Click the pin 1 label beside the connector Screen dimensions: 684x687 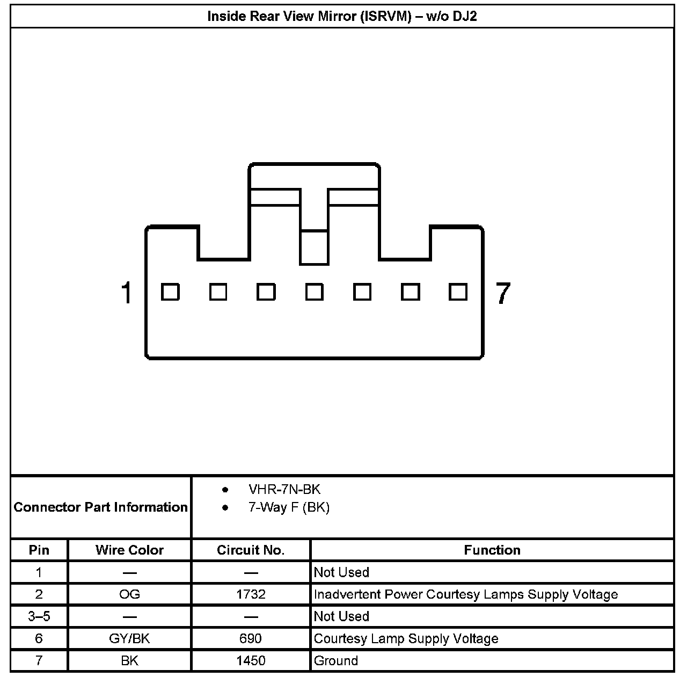click(x=126, y=293)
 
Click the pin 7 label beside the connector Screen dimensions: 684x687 click(x=502, y=293)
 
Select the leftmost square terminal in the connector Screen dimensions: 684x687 click(x=170, y=292)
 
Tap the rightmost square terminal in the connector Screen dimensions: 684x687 click(x=458, y=292)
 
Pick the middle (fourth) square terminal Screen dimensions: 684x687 click(x=314, y=292)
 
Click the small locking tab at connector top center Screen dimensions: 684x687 click(x=314, y=248)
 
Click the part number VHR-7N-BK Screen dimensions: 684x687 click(x=284, y=489)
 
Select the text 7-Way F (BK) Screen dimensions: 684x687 click(x=289, y=507)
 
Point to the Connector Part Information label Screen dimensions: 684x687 click(x=101, y=507)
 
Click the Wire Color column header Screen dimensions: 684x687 click(x=129, y=550)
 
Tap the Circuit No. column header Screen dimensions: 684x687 click(x=251, y=550)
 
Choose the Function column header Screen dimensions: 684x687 click(x=492, y=550)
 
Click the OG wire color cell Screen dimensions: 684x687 click(x=129, y=594)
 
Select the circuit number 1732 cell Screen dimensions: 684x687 click(x=251, y=594)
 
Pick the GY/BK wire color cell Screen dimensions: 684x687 click(x=129, y=638)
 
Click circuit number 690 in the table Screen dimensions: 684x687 click(x=251, y=638)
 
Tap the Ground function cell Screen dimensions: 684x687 click(x=336, y=660)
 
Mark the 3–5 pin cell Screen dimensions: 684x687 click(x=39, y=616)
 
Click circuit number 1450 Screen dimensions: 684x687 click(x=251, y=660)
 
